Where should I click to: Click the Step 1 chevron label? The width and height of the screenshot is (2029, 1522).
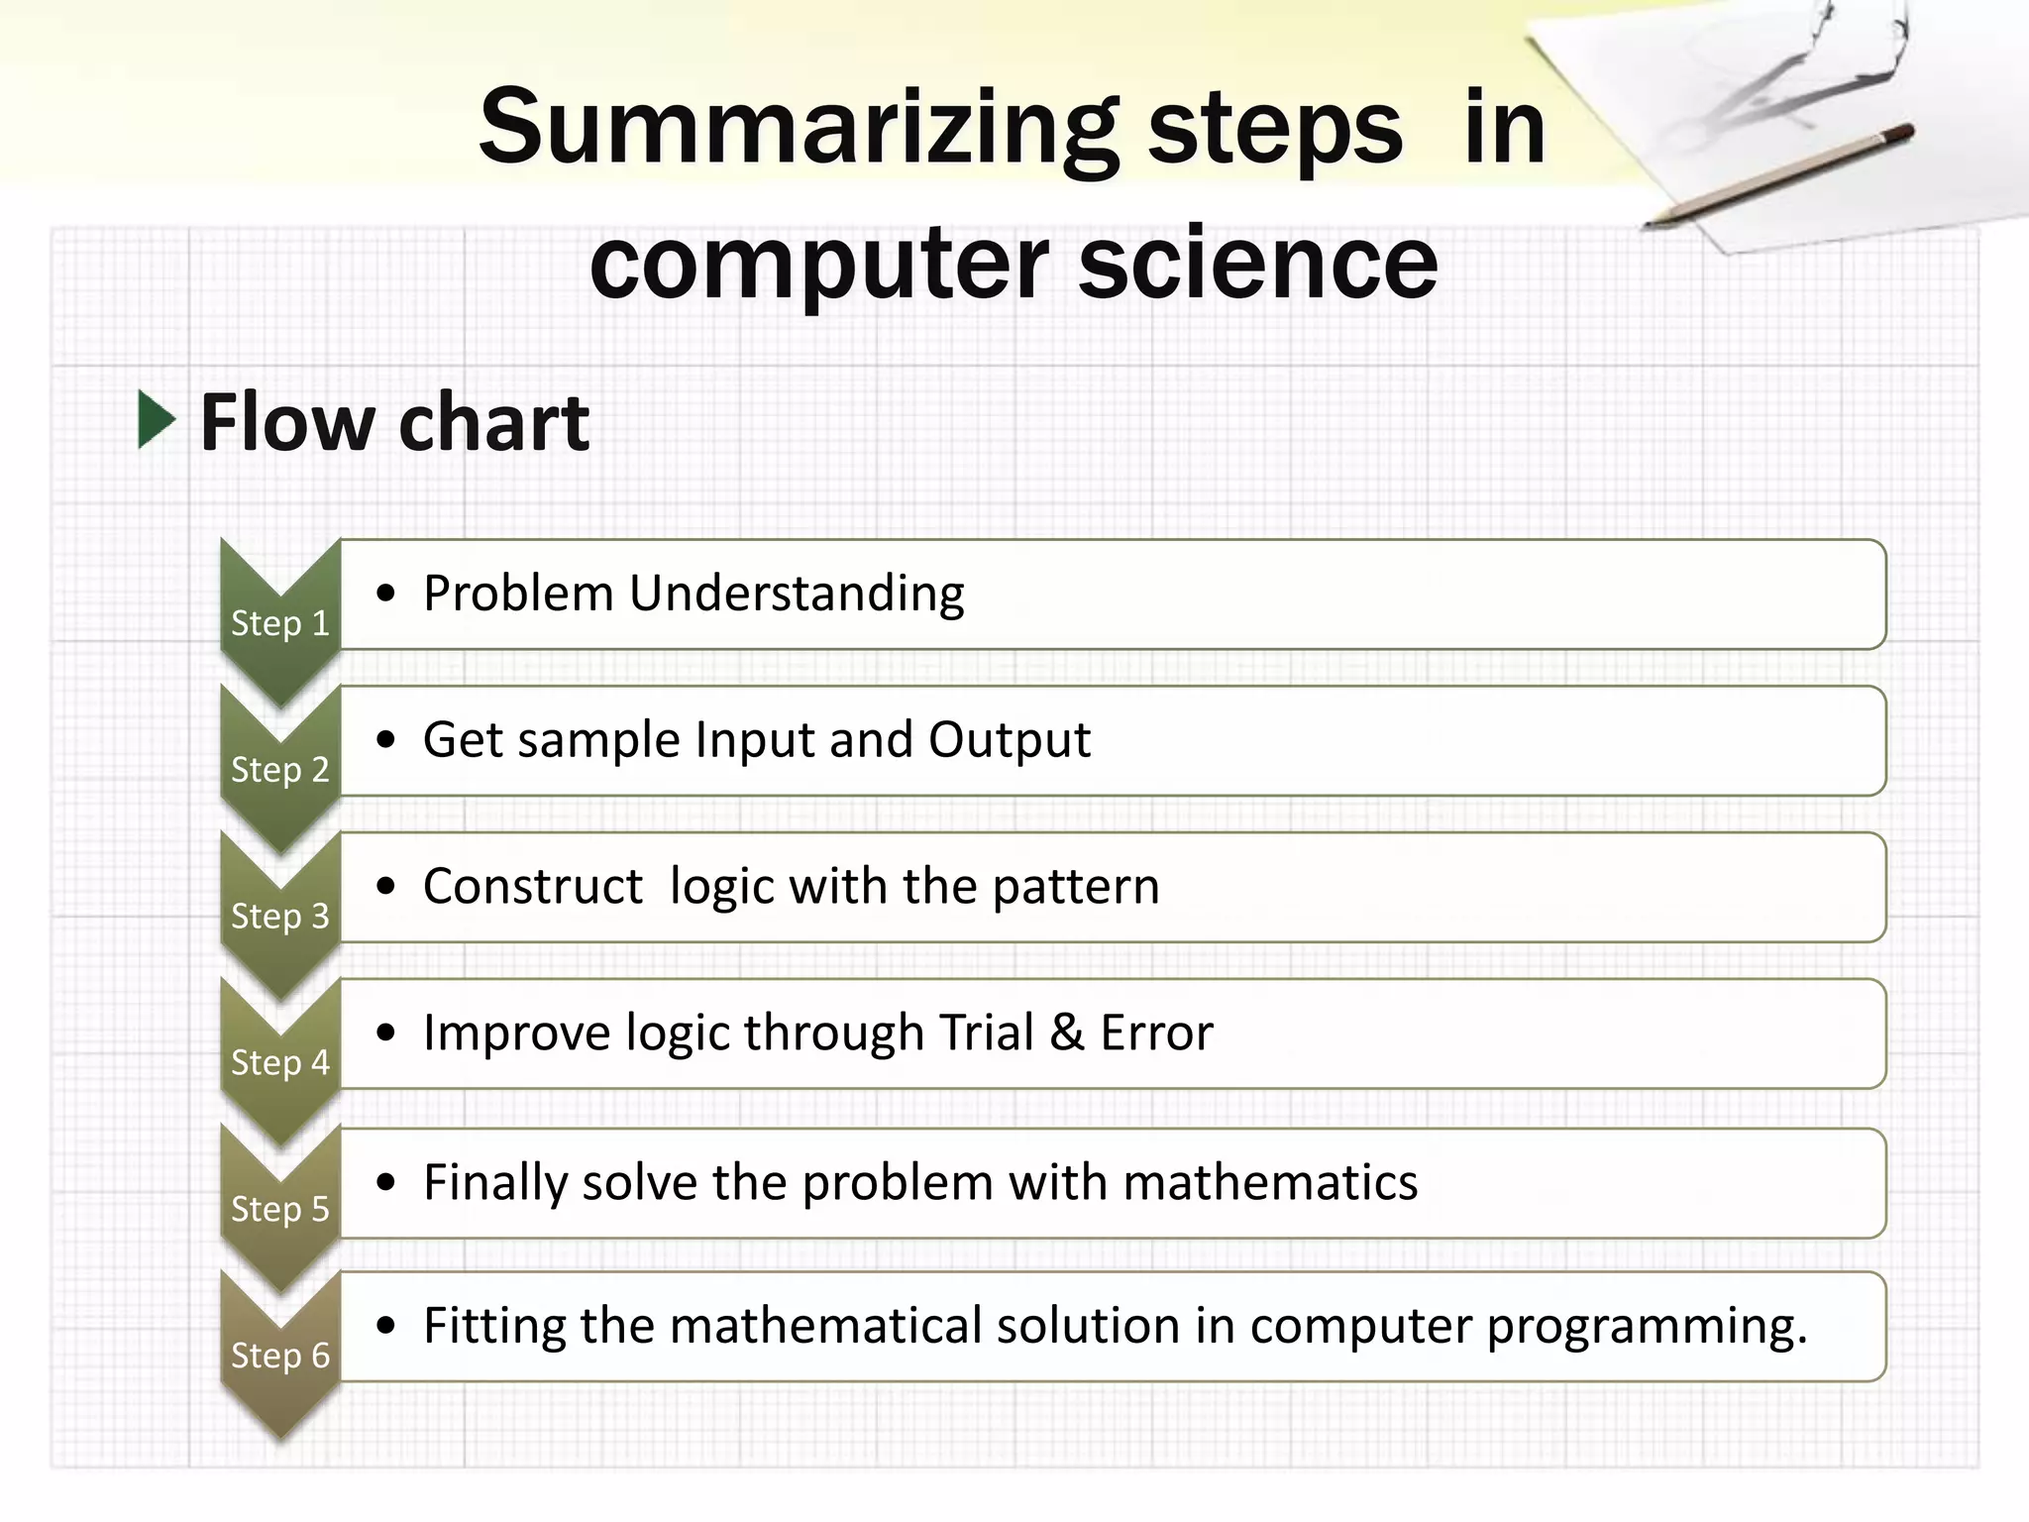pos(279,623)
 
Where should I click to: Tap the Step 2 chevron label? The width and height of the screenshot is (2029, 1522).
pos(279,770)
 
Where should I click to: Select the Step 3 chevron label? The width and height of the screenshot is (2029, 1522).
pos(279,917)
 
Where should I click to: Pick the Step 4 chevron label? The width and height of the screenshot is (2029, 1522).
pos(279,1063)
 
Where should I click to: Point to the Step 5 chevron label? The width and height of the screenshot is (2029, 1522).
pos(279,1209)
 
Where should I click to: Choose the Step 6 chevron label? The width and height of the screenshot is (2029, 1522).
pos(279,1356)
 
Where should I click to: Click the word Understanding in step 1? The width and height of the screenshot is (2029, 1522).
pos(796,595)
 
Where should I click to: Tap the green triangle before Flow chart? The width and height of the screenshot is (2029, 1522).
pos(156,420)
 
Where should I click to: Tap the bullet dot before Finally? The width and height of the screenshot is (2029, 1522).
pos(386,1182)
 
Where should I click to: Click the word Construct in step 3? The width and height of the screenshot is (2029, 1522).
pos(532,887)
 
